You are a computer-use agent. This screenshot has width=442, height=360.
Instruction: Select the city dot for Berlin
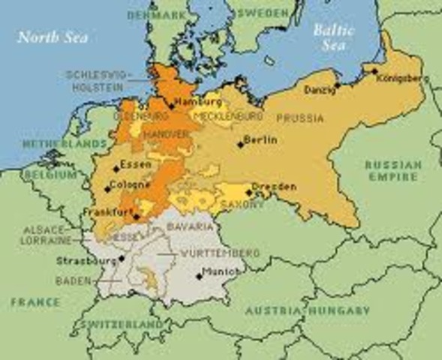point(240,144)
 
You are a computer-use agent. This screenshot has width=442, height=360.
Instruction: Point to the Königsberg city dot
point(374,71)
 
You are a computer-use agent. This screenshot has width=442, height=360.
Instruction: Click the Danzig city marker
point(337,85)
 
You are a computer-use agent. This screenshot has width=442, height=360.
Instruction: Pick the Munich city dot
point(199,275)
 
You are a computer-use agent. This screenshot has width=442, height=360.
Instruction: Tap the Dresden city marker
point(248,192)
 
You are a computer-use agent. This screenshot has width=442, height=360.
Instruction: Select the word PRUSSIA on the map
point(299,118)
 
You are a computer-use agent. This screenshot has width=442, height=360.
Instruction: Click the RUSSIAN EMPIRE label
point(391,170)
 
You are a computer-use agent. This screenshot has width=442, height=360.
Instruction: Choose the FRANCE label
point(35,301)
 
